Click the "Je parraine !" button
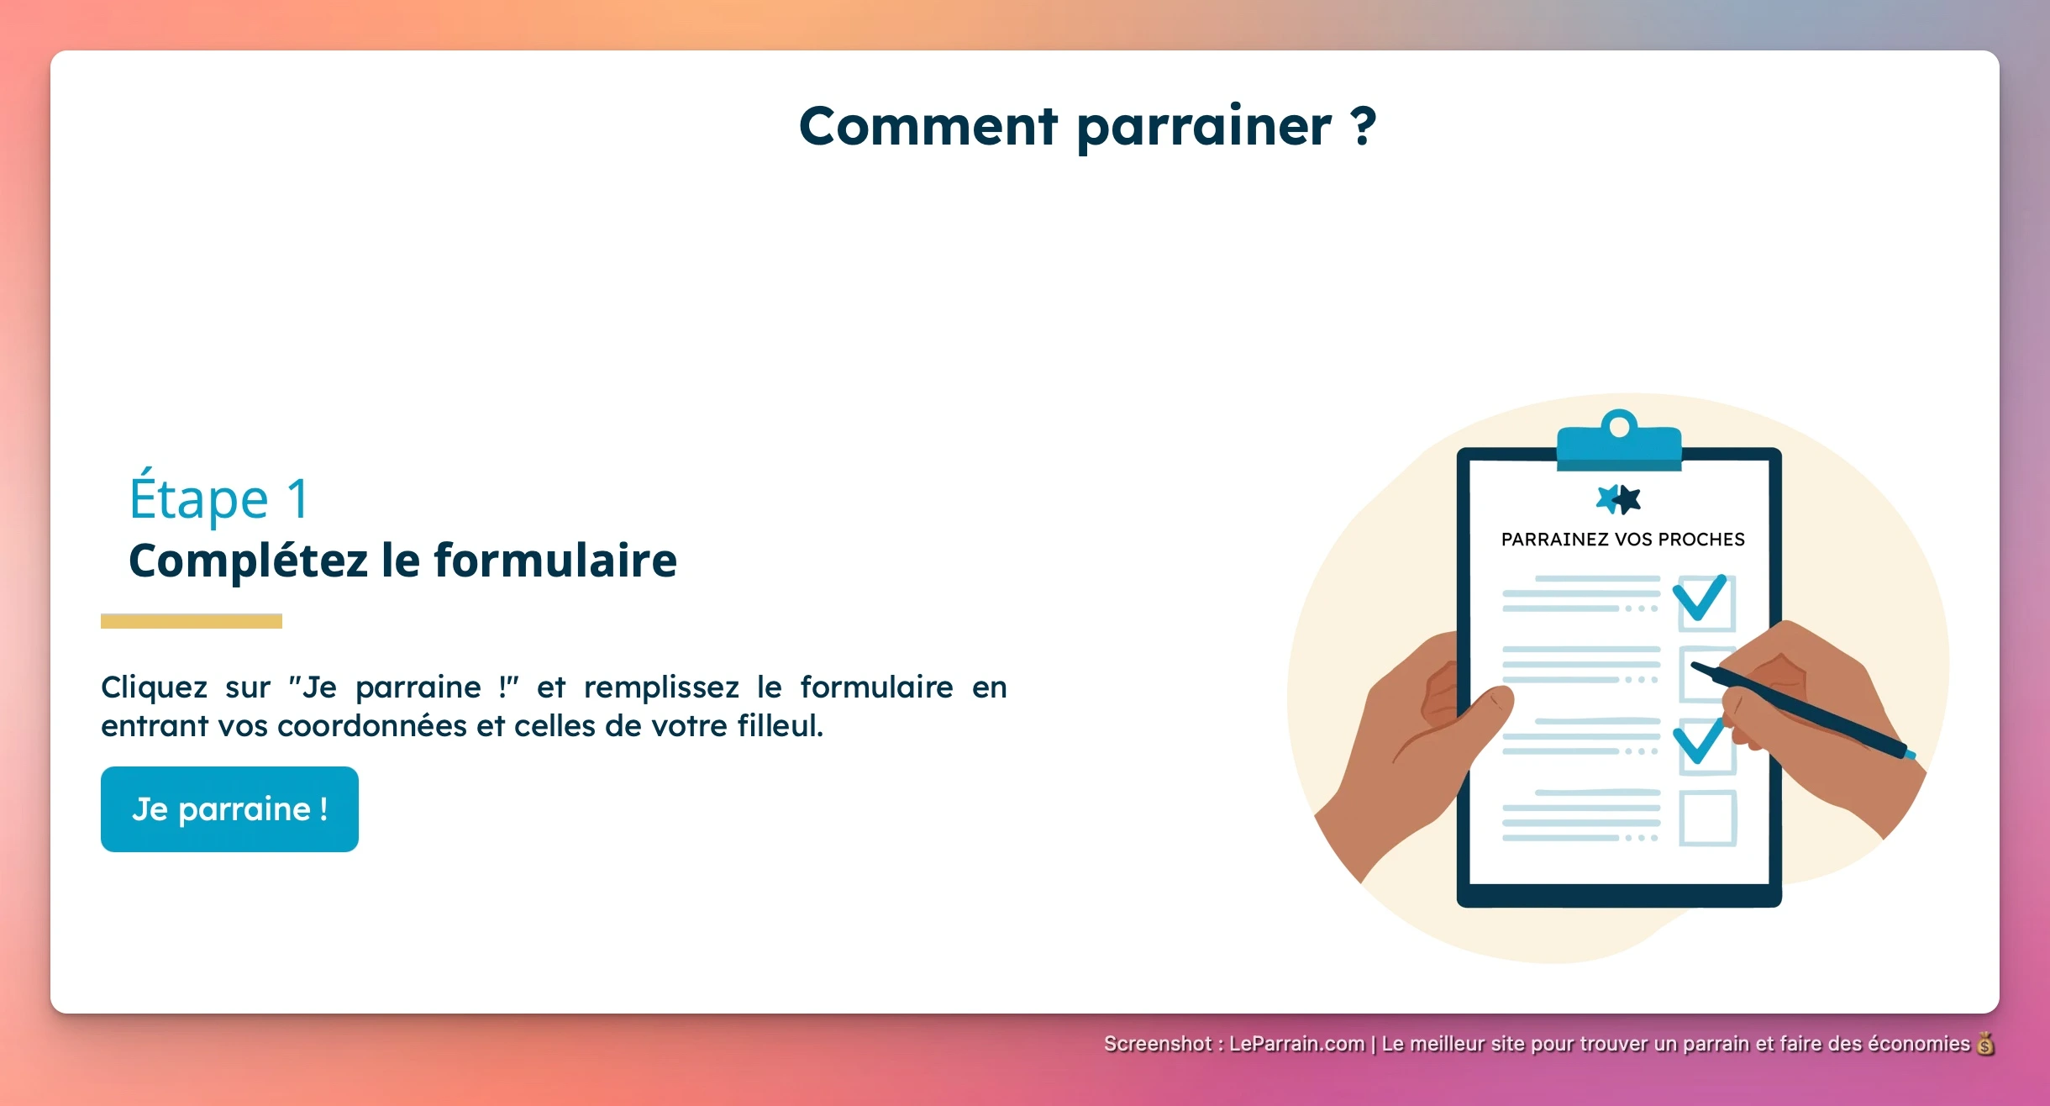(229, 808)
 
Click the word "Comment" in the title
(927, 126)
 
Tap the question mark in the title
(1364, 126)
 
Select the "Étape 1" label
(219, 498)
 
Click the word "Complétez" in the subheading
(249, 561)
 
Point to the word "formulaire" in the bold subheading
(555, 561)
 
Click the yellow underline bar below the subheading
(192, 621)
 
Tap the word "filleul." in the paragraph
(781, 725)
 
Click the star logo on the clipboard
(1618, 499)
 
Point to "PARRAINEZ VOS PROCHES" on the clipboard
(1622, 540)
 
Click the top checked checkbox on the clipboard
(1705, 602)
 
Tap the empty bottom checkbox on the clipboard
(1707, 818)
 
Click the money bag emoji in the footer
(1985, 1044)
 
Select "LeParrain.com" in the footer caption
(1296, 1044)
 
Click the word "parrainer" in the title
(1203, 126)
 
